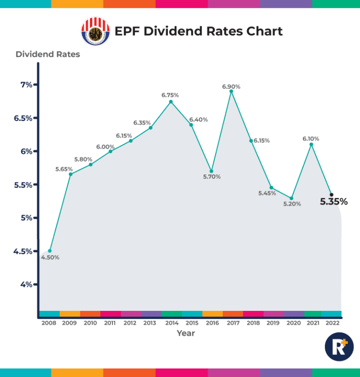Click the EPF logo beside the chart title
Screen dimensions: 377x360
tap(96, 31)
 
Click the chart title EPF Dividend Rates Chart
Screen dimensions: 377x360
tap(198, 31)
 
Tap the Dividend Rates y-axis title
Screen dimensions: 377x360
tap(48, 54)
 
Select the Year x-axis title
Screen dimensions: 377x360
tap(186, 333)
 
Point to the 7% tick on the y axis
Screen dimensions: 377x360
tap(26, 85)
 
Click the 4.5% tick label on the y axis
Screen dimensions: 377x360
tap(22, 251)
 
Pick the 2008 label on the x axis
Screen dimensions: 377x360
tap(49, 323)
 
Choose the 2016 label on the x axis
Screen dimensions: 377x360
tap(212, 323)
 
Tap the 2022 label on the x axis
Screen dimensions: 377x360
tap(331, 323)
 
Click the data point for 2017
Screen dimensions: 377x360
tap(231, 91)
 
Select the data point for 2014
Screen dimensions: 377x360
tap(171, 102)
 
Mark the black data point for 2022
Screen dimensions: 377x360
tap(331, 195)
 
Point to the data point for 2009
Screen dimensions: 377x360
tap(70, 174)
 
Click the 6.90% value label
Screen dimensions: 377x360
tap(231, 87)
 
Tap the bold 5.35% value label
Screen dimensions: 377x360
tap(334, 202)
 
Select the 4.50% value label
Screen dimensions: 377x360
tap(50, 257)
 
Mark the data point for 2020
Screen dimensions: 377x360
tap(292, 198)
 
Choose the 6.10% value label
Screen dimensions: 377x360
tap(311, 139)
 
